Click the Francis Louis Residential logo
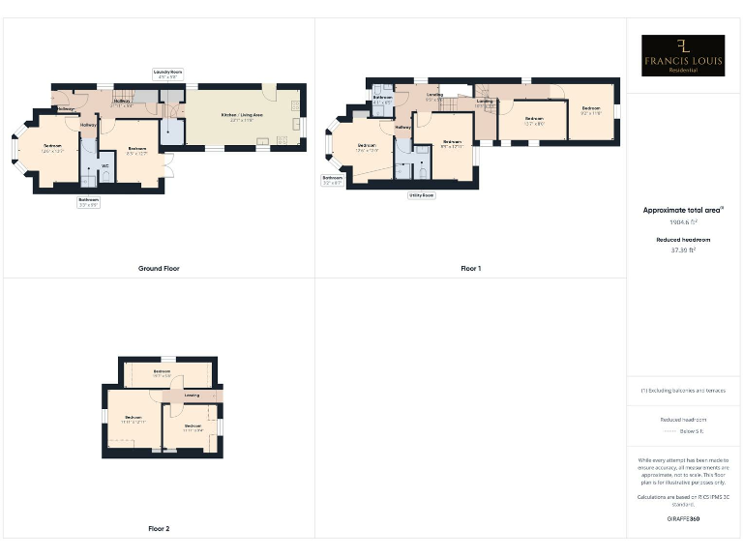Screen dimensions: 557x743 683,55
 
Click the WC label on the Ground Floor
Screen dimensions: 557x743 104,165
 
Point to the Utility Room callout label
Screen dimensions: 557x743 422,195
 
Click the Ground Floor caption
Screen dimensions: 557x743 159,268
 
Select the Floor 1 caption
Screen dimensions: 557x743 470,268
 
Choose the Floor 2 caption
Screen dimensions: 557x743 159,529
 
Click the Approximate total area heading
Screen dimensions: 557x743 683,210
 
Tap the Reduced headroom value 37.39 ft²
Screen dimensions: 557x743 683,249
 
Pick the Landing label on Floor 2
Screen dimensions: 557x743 192,395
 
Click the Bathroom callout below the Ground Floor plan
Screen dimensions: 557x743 89,202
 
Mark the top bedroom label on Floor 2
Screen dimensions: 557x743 162,372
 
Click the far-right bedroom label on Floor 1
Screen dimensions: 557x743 591,109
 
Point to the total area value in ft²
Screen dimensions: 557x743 683,222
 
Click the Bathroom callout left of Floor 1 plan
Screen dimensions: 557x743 333,180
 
